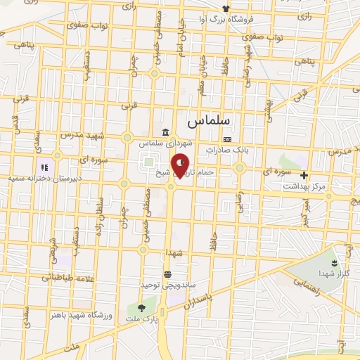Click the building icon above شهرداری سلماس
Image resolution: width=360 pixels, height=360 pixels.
[x=165, y=132]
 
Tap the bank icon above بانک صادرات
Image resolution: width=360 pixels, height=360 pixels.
[x=226, y=139]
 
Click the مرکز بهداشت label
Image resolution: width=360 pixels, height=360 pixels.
[x=304, y=186]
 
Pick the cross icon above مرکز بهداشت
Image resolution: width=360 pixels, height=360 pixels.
[x=304, y=175]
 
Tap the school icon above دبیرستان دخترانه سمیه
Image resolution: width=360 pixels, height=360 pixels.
[x=44, y=168]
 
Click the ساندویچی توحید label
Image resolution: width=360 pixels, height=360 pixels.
[x=167, y=286]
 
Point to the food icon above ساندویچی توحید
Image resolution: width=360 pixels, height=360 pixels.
[x=167, y=274]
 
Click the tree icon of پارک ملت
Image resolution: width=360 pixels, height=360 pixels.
[x=141, y=307]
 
